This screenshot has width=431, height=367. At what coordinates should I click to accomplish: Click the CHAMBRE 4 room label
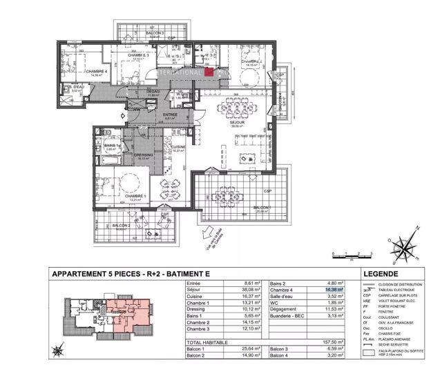click(x=96, y=70)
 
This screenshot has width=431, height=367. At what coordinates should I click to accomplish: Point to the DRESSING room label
click(x=143, y=155)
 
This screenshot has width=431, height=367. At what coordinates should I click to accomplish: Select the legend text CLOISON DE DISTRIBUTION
click(x=405, y=284)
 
